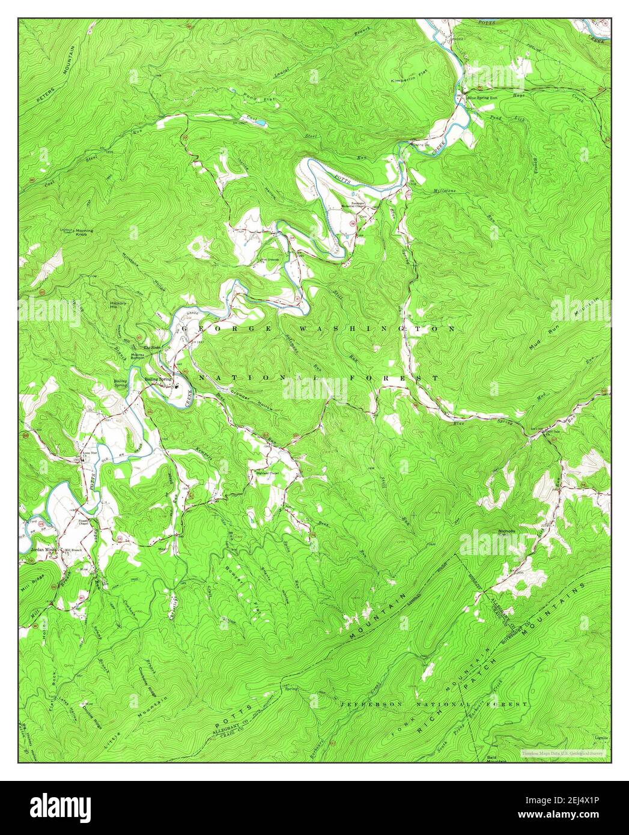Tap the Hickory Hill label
[x=118, y=305]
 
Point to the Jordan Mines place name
[x=43, y=549]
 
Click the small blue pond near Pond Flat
[x=261, y=123]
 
